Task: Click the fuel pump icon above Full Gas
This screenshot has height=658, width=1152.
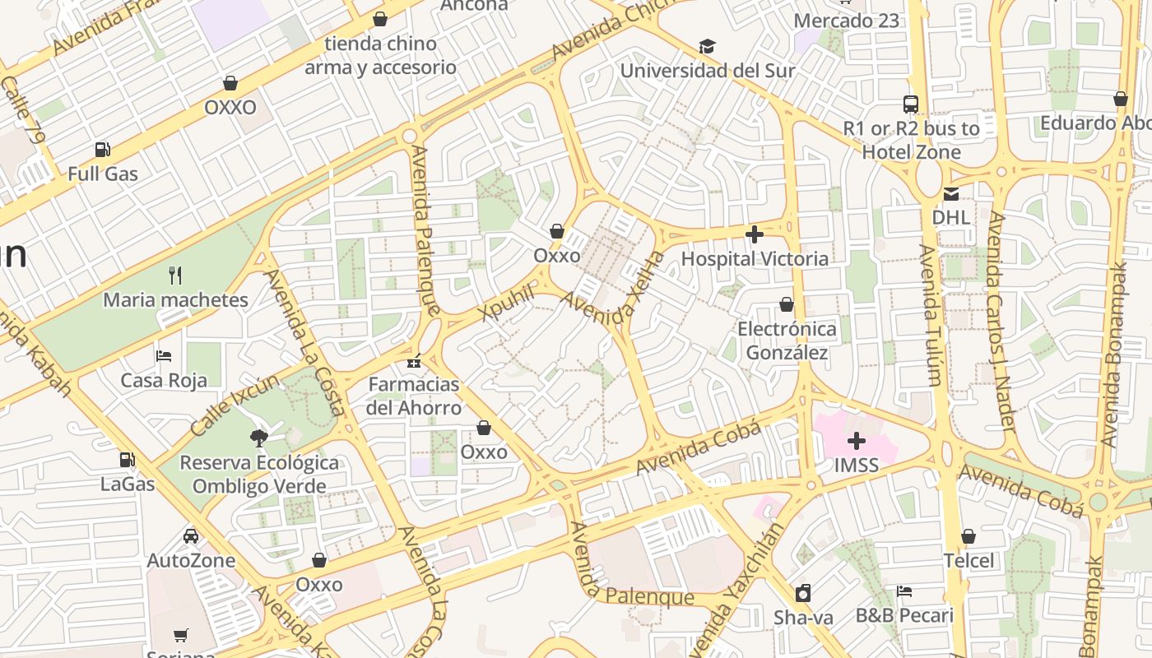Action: tap(102, 150)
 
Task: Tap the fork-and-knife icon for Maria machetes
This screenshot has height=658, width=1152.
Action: tap(174, 275)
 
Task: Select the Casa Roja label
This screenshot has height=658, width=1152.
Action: tap(164, 380)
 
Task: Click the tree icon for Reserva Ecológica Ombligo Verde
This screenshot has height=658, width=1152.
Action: tap(259, 438)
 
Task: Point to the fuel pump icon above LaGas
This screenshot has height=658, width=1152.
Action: tap(127, 460)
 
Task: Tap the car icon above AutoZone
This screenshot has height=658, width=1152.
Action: tap(191, 536)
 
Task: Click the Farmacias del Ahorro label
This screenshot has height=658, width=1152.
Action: tap(414, 396)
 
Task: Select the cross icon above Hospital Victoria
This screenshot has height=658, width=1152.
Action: tap(754, 235)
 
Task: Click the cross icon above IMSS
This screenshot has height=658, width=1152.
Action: tap(856, 441)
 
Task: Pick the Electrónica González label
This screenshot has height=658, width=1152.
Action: tap(786, 341)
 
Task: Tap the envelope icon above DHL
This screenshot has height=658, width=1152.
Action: tap(950, 194)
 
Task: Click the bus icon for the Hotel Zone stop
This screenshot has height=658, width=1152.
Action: tap(910, 104)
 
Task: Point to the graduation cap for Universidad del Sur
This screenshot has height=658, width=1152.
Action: tap(706, 47)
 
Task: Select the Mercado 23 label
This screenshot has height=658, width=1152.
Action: tap(847, 21)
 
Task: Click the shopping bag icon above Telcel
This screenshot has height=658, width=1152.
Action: tap(969, 537)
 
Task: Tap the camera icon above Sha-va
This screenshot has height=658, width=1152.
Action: tap(802, 593)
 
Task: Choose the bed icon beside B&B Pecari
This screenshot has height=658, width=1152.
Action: tap(904, 591)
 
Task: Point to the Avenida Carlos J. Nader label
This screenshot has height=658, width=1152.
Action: tap(1002, 321)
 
